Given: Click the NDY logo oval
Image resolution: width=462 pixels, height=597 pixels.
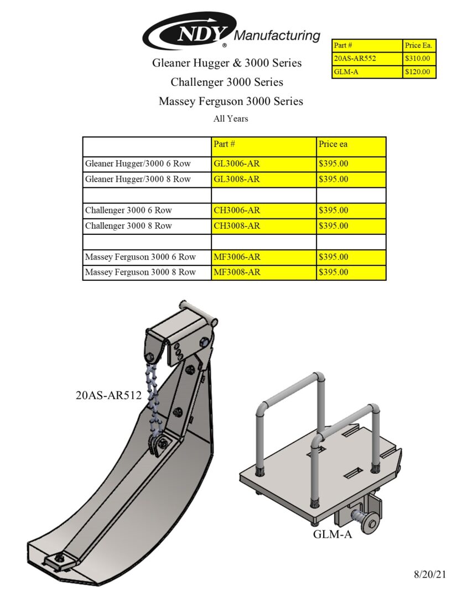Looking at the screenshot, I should coord(188,32).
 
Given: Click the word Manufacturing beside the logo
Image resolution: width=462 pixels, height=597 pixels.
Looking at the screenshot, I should coord(277,36).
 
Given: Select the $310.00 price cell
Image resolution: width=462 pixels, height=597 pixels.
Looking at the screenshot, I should coord(419,59).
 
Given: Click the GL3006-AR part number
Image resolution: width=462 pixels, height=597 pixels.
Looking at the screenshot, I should coord(236,164).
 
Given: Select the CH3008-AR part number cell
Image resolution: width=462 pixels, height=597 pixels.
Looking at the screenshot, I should coord(236,226).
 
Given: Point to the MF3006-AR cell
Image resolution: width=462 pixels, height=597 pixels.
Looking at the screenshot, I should coord(236,256).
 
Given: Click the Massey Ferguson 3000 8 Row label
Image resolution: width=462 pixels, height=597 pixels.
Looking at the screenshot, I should coord(141,272).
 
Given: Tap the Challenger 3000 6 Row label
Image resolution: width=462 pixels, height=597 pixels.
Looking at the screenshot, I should coord(128,210).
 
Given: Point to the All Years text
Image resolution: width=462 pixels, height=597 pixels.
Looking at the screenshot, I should coord(231,118).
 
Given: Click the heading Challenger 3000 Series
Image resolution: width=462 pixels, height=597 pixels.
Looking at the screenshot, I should coord(227,82).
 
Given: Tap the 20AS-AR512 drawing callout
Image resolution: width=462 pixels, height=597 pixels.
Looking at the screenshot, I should coord(108,395).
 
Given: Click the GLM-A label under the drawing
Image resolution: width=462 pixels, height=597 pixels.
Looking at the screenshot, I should coord(333,534).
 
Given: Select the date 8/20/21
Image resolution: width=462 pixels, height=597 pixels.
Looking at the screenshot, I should coord(429,575).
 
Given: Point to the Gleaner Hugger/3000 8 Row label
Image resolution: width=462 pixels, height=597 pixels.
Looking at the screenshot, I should coord(138,179).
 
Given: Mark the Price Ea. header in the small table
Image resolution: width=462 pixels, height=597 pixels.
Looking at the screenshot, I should coord(419,45).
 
